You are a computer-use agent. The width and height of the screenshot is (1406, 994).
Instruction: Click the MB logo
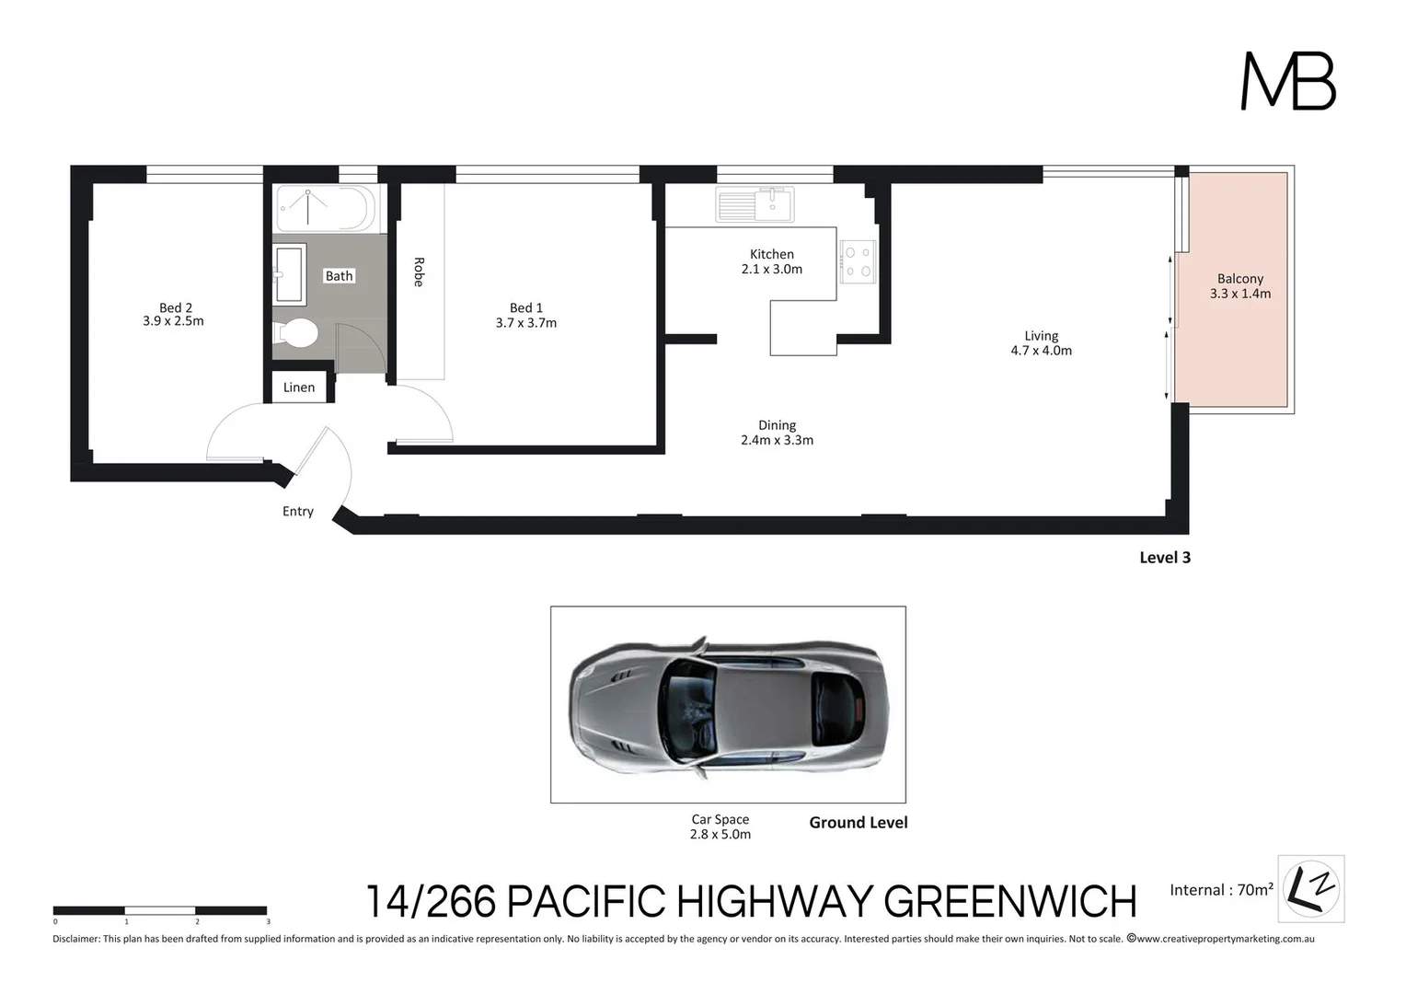click(1288, 81)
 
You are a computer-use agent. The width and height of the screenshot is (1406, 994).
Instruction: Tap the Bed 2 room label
click(175, 307)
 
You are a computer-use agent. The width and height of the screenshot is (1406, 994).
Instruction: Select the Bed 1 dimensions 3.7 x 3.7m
click(525, 323)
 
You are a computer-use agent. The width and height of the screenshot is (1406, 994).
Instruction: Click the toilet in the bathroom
click(297, 333)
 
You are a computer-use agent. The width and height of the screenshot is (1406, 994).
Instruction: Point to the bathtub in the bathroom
click(325, 208)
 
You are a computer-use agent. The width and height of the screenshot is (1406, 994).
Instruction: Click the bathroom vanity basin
click(289, 273)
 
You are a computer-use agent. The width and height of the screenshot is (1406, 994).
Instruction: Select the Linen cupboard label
click(299, 387)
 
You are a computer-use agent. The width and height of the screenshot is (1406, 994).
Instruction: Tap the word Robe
click(419, 272)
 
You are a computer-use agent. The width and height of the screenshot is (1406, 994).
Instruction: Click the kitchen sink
click(755, 204)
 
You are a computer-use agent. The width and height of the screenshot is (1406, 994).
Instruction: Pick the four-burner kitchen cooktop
click(857, 261)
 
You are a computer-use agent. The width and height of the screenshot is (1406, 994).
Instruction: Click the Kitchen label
click(771, 254)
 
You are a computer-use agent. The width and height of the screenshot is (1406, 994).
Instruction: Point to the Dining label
click(777, 425)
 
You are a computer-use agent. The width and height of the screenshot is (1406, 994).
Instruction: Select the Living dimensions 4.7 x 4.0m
click(1041, 351)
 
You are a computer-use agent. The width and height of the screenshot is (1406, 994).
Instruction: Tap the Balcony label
click(1239, 279)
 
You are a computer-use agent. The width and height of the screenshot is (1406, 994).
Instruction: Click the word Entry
click(297, 512)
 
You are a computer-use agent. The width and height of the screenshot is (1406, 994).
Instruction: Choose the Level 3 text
click(1164, 558)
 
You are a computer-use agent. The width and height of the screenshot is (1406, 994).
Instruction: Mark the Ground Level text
click(858, 823)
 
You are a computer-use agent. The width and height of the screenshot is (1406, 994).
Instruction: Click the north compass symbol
click(1311, 889)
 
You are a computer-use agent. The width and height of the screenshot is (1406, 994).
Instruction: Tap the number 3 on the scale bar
click(268, 921)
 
